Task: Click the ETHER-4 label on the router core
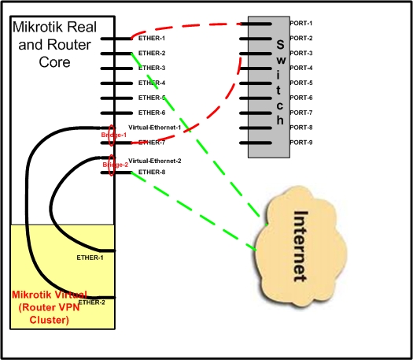pyautogui.click(x=152, y=83)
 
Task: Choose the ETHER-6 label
pyautogui.click(x=152, y=113)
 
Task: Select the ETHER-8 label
pyautogui.click(x=152, y=172)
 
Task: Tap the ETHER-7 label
pyautogui.click(x=152, y=143)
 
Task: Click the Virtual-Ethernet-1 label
pyautogui.click(x=154, y=127)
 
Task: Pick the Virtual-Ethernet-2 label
pyautogui.click(x=154, y=160)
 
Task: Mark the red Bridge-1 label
pyautogui.click(x=112, y=135)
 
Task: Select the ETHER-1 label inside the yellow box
pyautogui.click(x=91, y=257)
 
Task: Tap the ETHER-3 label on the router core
pyautogui.click(x=152, y=68)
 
